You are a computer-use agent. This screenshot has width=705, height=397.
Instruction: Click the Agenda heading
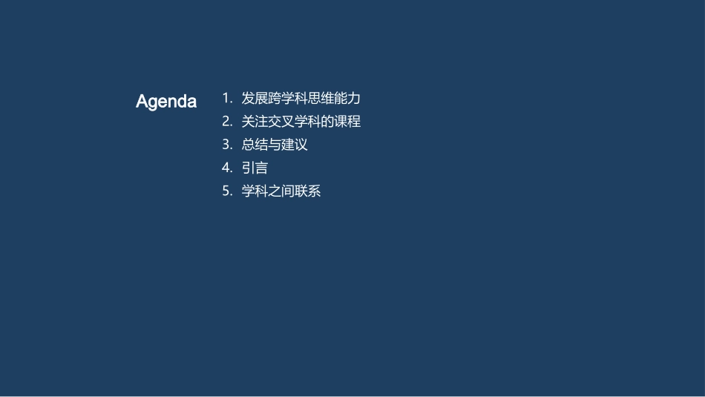[166, 102]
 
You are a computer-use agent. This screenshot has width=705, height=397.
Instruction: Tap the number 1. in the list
[227, 98]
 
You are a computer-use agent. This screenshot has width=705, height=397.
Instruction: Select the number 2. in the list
[227, 121]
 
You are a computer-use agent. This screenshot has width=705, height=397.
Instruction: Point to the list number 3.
[227, 145]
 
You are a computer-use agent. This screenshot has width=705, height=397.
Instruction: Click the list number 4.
[227, 168]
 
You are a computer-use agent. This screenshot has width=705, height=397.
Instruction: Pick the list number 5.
[227, 191]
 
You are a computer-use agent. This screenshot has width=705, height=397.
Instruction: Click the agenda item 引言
[255, 168]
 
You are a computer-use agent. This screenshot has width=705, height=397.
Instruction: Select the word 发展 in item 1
[255, 98]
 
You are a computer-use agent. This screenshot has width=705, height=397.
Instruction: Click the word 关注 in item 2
[255, 121]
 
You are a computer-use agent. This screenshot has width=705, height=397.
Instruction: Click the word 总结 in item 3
[255, 145]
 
